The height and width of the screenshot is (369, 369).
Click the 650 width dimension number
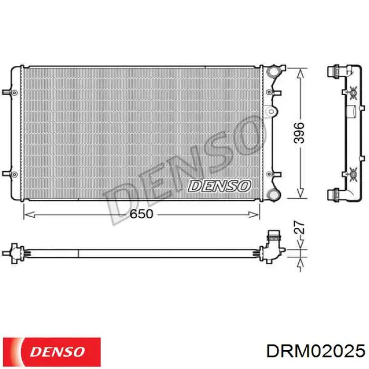[141, 214]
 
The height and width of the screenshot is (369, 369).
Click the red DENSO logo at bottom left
[52, 352]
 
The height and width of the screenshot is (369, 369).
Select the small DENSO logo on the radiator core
[219, 186]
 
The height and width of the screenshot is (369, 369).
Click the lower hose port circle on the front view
[274, 195]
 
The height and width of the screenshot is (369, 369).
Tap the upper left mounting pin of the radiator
[9, 92]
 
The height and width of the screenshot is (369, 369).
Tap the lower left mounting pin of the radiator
[9, 174]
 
